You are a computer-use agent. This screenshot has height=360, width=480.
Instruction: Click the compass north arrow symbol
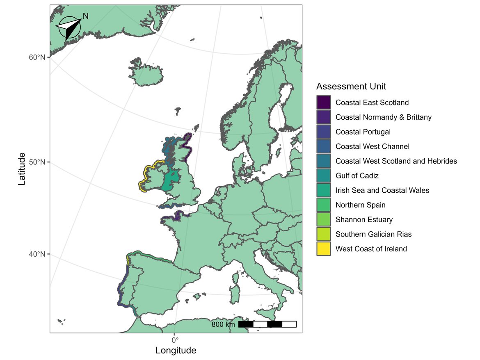(68, 28)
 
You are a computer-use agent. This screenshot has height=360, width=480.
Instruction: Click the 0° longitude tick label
(175, 340)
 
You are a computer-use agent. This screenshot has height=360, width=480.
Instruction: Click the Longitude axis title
(176, 351)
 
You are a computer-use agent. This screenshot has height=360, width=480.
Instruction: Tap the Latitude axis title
(22, 169)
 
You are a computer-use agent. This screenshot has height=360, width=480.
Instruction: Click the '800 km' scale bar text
(223, 325)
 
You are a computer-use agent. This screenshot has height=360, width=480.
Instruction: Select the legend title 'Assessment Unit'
(351, 87)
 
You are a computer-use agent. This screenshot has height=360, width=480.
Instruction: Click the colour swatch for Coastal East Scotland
(324, 103)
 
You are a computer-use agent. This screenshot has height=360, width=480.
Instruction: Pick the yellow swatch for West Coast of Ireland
(324, 248)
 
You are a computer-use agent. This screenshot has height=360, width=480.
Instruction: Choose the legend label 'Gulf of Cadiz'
(357, 175)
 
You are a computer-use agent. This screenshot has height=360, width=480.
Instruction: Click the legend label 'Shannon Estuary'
(364, 219)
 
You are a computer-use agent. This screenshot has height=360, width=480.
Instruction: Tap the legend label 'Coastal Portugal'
(363, 132)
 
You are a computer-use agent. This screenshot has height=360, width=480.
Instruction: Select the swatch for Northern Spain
(324, 205)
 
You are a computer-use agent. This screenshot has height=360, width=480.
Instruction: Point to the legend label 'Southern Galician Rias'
(373, 234)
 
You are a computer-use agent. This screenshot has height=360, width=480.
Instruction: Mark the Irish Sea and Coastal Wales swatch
(324, 190)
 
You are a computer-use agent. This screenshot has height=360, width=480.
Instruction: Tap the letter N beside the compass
(85, 16)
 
